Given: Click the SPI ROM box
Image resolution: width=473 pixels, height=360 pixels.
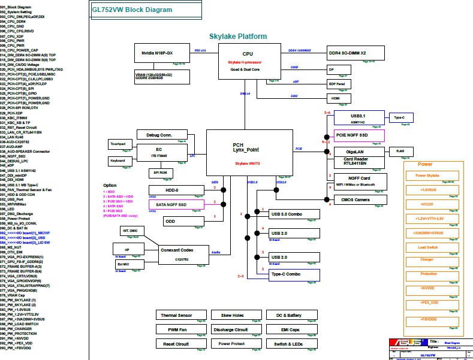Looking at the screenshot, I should [161, 173].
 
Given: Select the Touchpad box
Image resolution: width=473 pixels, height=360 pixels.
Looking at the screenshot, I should [118, 144].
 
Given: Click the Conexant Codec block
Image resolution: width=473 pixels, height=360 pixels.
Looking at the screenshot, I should [183, 255].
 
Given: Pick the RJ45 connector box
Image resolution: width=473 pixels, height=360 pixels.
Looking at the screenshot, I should [401, 152].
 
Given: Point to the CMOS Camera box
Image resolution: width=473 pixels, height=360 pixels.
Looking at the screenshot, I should [355, 199].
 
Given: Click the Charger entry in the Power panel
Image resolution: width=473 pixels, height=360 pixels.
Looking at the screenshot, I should [428, 260].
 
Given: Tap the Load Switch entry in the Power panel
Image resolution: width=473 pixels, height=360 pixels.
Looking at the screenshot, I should [428, 247].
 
